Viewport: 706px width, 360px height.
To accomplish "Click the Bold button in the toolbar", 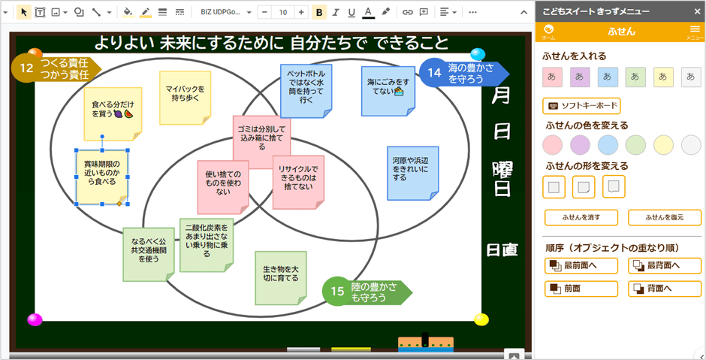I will [x=319, y=12].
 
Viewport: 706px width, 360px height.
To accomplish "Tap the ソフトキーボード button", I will [x=581, y=106].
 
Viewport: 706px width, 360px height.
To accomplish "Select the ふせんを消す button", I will [x=581, y=218].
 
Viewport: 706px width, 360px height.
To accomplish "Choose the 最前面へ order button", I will [x=581, y=265].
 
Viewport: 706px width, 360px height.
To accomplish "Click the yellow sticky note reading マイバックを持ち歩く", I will [x=185, y=95].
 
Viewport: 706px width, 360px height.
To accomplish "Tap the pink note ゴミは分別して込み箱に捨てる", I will [x=261, y=138].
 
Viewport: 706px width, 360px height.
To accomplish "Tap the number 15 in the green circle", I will [x=338, y=292].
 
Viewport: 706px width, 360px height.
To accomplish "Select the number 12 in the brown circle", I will [x=27, y=68].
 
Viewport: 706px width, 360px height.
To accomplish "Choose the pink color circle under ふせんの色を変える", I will [x=552, y=144].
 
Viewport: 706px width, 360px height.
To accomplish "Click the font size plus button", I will [x=301, y=12].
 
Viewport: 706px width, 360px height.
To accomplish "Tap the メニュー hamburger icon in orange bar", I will [x=695, y=31].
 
